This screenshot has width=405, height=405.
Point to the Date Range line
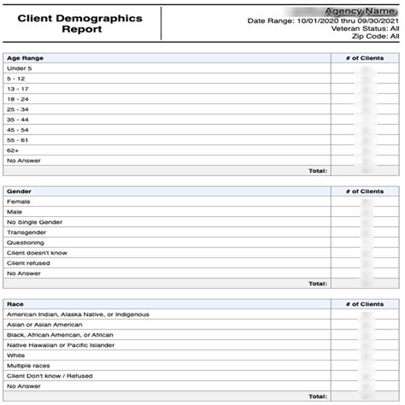(323, 21)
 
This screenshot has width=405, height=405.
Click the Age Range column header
(26, 58)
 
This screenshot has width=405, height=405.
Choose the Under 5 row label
(19, 68)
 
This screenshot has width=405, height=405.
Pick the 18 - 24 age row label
(18, 99)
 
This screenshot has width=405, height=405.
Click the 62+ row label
(13, 150)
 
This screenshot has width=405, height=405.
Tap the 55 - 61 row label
(18, 140)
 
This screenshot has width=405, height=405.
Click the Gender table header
(20, 191)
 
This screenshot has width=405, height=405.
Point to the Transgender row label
(26, 232)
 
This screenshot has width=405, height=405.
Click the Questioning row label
(26, 243)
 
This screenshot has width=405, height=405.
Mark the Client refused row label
(27, 263)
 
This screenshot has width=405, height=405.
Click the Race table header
(15, 304)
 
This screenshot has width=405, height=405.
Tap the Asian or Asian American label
(44, 325)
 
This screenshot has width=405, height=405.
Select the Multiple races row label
(29, 366)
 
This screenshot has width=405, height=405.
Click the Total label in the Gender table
(317, 283)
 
